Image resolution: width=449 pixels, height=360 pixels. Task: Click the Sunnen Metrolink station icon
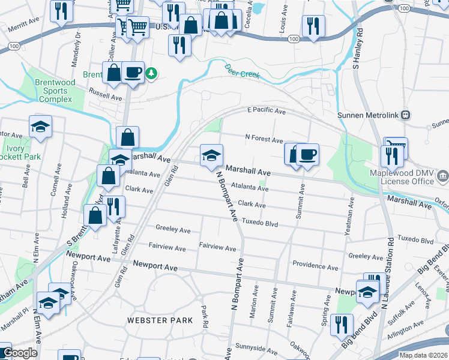coord(406,114)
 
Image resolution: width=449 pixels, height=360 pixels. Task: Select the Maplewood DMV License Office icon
coord(442,176)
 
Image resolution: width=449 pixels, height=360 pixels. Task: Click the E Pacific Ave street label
coord(266,111)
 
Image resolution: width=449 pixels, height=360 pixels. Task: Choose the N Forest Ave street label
coord(264,140)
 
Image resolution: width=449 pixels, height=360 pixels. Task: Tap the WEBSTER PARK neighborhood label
coord(160,320)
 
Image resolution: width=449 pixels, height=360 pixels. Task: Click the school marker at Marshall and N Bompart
coord(211,155)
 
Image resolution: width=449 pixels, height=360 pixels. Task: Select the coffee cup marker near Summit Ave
coord(307,155)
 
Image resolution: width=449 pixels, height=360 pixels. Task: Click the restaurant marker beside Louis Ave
coord(313,26)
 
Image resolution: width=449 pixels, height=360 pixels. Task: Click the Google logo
coord(20,353)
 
